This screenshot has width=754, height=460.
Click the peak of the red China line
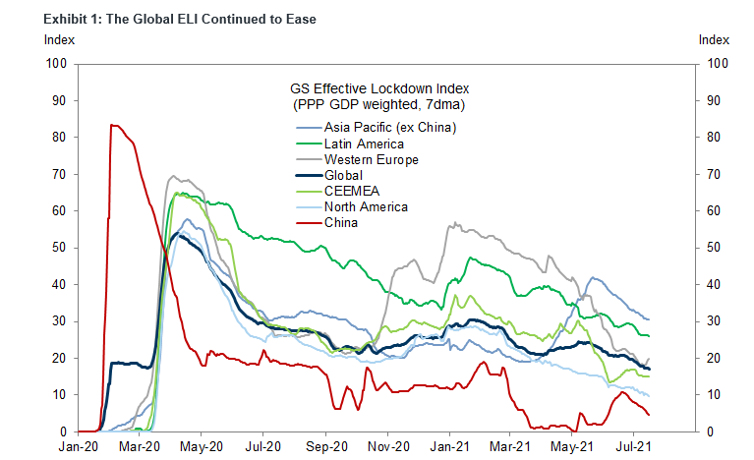coord(113,125)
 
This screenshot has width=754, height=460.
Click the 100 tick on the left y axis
coord(56,64)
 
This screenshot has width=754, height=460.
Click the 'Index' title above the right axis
coord(713,40)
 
